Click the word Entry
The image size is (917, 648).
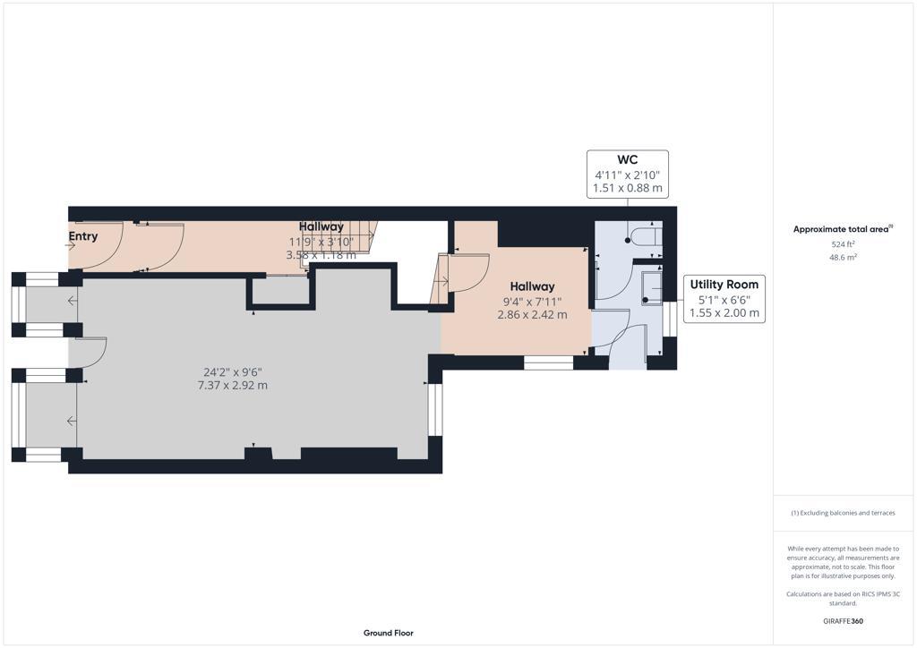(83, 236)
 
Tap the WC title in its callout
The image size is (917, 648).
(627, 160)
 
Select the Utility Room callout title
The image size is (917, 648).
(724, 285)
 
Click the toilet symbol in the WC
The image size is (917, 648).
(644, 235)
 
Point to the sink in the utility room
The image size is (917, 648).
(651, 286)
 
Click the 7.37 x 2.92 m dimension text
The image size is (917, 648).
(231, 386)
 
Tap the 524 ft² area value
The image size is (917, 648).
(843, 243)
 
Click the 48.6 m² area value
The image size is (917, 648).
(843, 257)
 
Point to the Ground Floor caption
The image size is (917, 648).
(388, 633)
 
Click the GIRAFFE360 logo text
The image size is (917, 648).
(843, 620)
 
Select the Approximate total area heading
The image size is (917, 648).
(842, 229)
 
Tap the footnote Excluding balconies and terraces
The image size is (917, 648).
(843, 513)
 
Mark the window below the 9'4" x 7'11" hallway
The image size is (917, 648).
(548, 362)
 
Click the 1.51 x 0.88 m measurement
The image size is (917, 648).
(627, 188)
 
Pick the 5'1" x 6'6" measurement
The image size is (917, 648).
(724, 300)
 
